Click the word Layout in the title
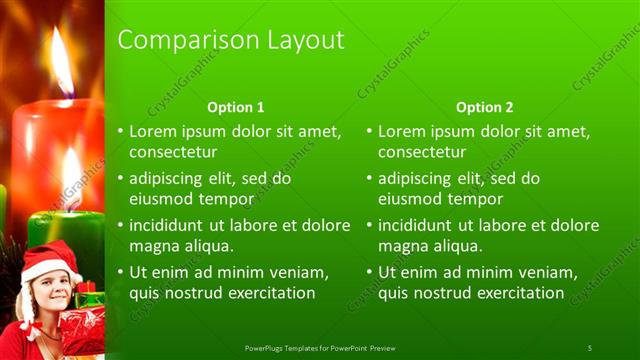pos(304,40)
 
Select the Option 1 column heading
pos(236,107)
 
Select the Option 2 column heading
pos(485,107)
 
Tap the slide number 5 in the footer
pos(590,347)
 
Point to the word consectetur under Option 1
pos(173,152)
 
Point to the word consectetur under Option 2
pos(422,152)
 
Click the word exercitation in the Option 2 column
pos(519,293)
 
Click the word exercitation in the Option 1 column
pos(270,293)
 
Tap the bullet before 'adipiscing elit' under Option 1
pos(121,179)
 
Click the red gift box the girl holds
pos(82,330)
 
